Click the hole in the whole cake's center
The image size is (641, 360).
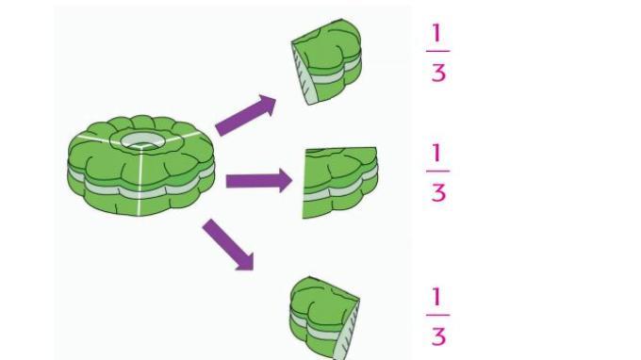pyautogui.click(x=141, y=140)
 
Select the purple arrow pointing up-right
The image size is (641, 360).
pyautogui.click(x=246, y=115)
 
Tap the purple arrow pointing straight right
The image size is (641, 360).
pyautogui.click(x=259, y=180)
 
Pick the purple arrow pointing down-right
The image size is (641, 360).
pyautogui.click(x=228, y=245)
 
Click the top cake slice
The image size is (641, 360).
pyautogui.click(x=326, y=61)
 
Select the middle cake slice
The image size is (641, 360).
pyautogui.click(x=339, y=183)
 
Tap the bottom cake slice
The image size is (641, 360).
pyautogui.click(x=324, y=319)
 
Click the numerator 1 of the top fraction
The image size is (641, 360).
pyautogui.click(x=437, y=33)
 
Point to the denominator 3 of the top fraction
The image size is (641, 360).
pyautogui.click(x=438, y=73)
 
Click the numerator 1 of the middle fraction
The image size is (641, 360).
pyautogui.click(x=437, y=153)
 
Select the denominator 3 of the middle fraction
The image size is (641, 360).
pyautogui.click(x=438, y=192)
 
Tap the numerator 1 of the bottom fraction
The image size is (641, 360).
pyautogui.click(x=437, y=297)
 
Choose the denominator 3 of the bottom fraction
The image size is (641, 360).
pyautogui.click(x=438, y=336)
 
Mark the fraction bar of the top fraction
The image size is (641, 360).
pyautogui.click(x=437, y=51)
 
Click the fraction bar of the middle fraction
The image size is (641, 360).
pyautogui.click(x=437, y=171)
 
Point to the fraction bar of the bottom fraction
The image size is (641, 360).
pyautogui.click(x=437, y=315)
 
